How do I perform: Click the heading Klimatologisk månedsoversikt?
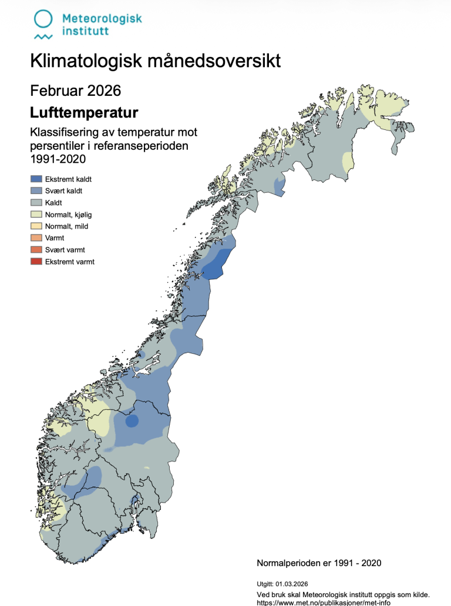click(155, 61)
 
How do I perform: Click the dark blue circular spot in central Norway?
click(132, 420)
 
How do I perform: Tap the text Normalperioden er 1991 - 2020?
click(319, 563)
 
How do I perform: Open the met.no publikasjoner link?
click(324, 602)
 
